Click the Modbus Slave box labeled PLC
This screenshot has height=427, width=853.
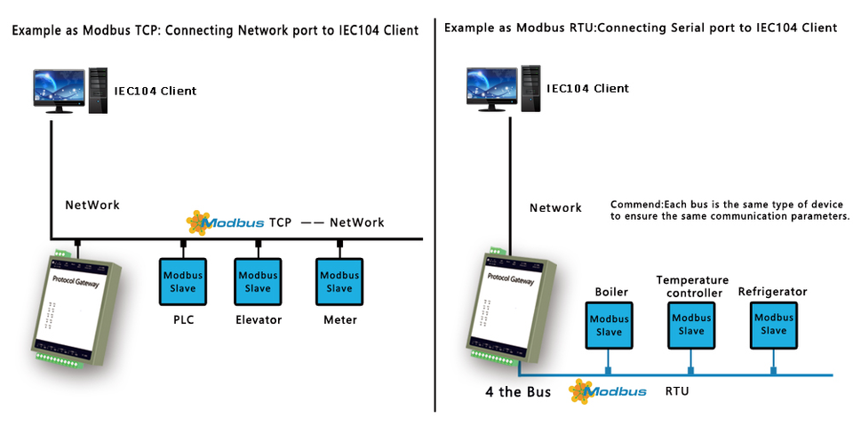[x=183, y=282]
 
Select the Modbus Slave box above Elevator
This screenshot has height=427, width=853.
[x=258, y=282]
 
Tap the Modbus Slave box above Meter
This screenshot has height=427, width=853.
[x=339, y=282]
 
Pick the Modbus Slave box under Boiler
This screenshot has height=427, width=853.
[x=609, y=325]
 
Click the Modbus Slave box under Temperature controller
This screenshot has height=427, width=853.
[x=691, y=325]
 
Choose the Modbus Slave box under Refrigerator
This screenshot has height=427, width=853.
[x=774, y=325]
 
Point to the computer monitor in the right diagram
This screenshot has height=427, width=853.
[x=490, y=88]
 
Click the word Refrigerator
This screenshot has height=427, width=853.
[x=773, y=292]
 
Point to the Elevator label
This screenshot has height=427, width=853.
[x=259, y=320]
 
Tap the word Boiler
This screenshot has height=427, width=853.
[x=611, y=292]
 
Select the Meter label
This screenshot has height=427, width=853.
[x=339, y=320]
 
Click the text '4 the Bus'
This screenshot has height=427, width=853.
[x=517, y=392]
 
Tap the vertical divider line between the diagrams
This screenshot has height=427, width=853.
[x=435, y=213]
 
